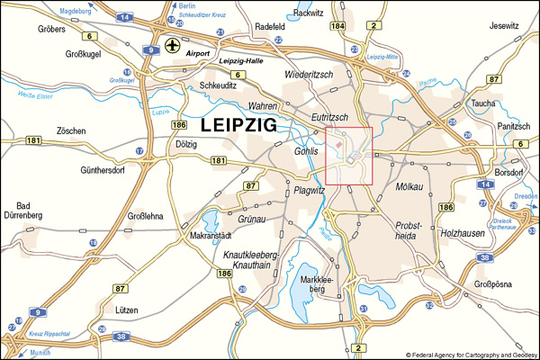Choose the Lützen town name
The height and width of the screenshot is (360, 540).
[121, 309]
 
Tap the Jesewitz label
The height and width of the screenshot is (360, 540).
[505, 26]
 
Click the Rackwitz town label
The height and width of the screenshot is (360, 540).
[308, 13]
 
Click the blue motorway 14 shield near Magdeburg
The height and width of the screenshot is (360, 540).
[124, 17]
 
